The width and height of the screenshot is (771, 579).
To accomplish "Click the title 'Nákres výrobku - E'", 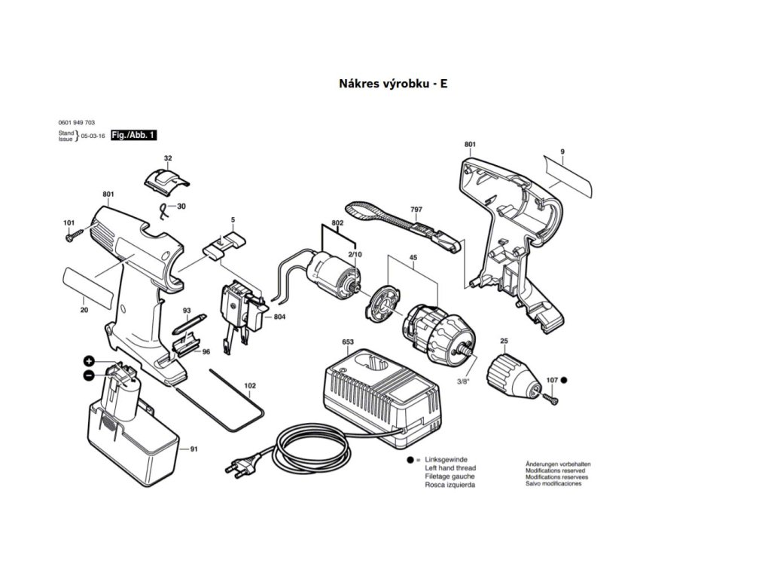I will (x=393, y=83).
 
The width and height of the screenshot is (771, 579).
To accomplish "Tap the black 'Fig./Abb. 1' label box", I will (x=133, y=135).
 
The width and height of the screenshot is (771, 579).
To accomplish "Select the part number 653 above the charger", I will (x=348, y=342).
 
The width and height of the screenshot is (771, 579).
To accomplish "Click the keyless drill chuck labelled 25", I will (x=513, y=374).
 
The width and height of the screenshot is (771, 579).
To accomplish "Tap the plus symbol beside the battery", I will (x=88, y=361).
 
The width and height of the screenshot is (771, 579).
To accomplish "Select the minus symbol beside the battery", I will (x=88, y=375).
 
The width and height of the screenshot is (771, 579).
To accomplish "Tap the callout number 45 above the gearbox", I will (x=413, y=256).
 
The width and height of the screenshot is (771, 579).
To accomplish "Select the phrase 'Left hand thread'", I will (x=450, y=468).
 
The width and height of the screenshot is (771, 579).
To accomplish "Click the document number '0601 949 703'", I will (x=76, y=122).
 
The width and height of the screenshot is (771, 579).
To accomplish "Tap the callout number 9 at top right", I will (x=562, y=153).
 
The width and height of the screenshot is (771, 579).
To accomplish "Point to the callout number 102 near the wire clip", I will (x=250, y=386).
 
